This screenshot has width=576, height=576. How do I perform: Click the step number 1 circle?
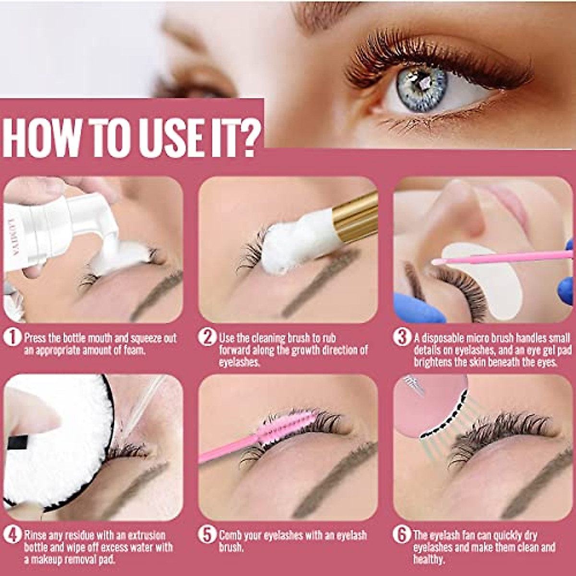pos(12,337)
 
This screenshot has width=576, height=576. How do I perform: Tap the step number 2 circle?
pos(207,337)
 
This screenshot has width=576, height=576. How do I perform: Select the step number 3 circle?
pos(402,337)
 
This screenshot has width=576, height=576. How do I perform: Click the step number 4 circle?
pos(12,535)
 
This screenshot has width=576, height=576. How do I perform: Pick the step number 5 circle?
pos(207,535)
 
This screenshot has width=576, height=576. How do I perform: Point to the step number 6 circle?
pos(402,535)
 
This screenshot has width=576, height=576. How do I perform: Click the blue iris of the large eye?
pos(421,89)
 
